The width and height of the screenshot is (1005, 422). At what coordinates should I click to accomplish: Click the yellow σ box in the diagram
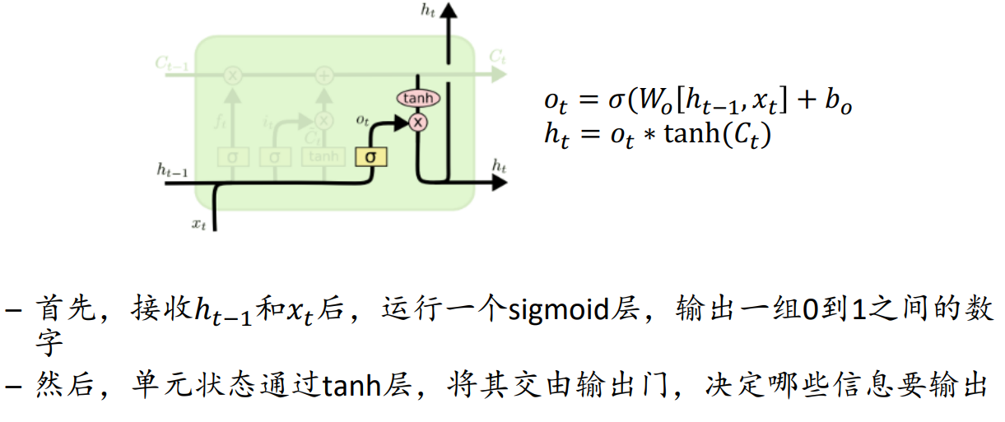[371, 155]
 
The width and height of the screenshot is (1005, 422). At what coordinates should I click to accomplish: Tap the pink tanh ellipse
[418, 98]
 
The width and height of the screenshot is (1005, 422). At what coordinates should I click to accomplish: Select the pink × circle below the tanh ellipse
[418, 123]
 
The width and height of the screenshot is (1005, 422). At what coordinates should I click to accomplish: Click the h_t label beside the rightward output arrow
[499, 166]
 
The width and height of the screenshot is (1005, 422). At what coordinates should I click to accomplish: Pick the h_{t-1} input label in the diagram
[172, 169]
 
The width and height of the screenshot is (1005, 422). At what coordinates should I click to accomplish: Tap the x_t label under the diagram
[198, 224]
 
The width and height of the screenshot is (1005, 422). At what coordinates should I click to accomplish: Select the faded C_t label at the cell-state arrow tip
[496, 57]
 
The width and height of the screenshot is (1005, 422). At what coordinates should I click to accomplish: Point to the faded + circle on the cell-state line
[324, 76]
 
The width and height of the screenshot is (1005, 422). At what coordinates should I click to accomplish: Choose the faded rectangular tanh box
[323, 155]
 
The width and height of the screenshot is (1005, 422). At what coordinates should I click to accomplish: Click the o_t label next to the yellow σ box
[362, 120]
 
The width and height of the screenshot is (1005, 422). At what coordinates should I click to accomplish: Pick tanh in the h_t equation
[692, 134]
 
